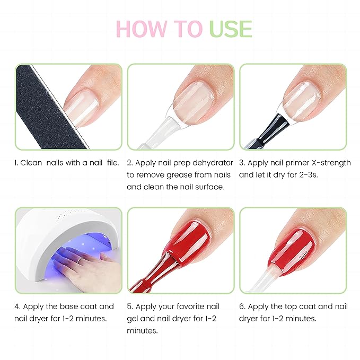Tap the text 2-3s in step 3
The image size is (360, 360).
coord(310,174)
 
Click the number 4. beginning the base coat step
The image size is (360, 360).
coord(17,306)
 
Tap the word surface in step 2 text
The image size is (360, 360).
coord(209,187)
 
